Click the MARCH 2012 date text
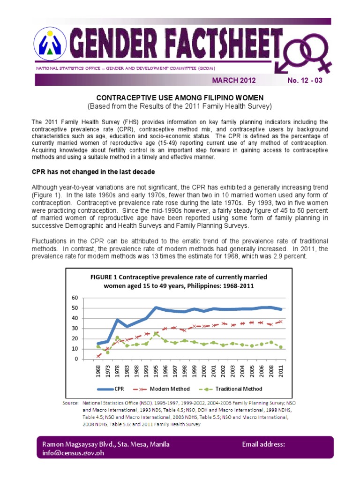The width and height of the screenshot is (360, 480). [x=234, y=80]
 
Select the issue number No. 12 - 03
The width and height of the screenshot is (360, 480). [x=305, y=80]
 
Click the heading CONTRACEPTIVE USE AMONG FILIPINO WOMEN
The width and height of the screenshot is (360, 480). [x=180, y=97]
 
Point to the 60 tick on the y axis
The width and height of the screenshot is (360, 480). [x=75, y=298]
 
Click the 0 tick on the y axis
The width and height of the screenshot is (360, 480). [x=76, y=359]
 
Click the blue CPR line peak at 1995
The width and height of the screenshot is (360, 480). [x=156, y=307]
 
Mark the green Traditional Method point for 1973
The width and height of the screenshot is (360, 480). [x=107, y=352]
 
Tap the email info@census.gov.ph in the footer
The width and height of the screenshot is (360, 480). [x=70, y=454]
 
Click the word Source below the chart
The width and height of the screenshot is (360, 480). [x=71, y=403]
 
